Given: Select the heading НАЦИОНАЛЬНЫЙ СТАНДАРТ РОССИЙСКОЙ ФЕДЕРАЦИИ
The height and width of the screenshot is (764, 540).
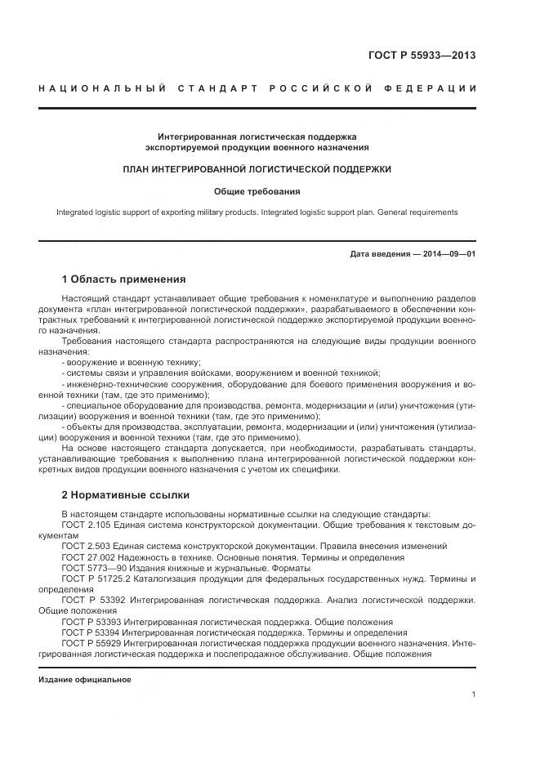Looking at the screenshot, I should [x=257, y=88].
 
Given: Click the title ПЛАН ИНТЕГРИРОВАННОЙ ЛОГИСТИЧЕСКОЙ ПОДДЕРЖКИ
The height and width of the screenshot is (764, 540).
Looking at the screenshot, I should [x=257, y=169].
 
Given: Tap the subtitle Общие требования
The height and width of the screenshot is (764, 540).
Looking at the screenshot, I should [x=257, y=192].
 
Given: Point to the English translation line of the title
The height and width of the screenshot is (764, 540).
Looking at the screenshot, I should [x=257, y=212].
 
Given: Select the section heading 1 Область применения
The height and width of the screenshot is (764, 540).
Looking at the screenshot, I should [x=123, y=279].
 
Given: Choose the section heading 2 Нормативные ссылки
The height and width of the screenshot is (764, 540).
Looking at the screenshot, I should [x=125, y=495].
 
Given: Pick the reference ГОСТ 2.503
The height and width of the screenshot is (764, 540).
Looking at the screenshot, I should [x=87, y=546].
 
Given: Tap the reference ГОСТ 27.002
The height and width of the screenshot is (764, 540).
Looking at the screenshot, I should [x=90, y=557].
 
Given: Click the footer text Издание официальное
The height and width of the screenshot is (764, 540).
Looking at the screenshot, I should [x=84, y=680].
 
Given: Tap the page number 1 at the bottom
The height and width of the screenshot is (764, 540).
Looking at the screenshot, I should [x=473, y=695].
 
